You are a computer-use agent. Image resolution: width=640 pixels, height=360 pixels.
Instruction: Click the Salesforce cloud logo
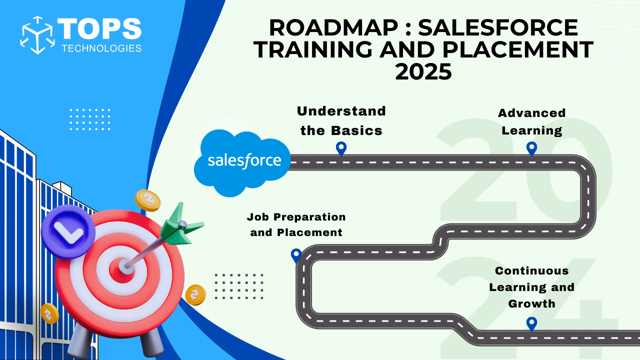(x=244, y=161)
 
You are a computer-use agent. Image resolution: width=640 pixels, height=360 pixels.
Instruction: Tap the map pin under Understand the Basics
(x=341, y=148)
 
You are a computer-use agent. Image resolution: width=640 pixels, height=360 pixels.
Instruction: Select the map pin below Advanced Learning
(x=531, y=148)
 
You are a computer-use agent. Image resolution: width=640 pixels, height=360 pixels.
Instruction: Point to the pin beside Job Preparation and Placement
(x=296, y=255)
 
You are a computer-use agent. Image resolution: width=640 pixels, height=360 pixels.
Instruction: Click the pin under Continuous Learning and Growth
(x=531, y=323)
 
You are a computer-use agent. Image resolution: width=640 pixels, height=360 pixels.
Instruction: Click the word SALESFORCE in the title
(x=498, y=27)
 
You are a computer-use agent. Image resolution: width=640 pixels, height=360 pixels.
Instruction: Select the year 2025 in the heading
(x=423, y=72)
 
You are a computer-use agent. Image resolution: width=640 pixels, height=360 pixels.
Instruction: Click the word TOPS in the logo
(x=99, y=28)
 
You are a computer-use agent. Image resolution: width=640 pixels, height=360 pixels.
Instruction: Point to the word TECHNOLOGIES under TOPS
(x=101, y=48)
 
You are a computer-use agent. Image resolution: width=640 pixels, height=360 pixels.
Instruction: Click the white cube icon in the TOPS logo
(x=37, y=35)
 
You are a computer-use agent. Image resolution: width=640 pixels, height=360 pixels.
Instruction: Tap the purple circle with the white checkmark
(x=68, y=231)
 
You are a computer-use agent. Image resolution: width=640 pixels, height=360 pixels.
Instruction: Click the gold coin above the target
(x=148, y=200)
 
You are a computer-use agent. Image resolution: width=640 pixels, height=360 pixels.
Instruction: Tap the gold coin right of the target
(x=195, y=294)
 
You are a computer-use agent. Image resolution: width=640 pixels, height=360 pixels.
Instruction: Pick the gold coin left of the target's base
(x=49, y=313)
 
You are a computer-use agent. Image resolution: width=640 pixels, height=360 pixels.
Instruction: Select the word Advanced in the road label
(x=531, y=113)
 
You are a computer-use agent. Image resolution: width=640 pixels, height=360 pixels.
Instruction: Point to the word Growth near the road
(x=531, y=303)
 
